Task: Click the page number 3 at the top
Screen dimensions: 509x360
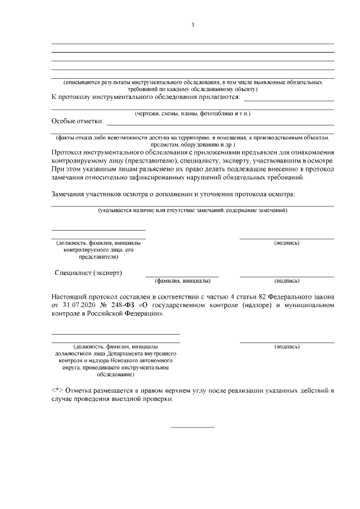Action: click(x=192, y=25)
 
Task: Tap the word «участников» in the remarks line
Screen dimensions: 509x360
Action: click(x=111, y=194)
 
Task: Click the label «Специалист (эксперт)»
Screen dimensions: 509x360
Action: click(x=89, y=273)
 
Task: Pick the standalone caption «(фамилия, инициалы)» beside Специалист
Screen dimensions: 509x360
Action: click(x=182, y=280)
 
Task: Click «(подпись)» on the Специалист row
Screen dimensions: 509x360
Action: click(x=286, y=280)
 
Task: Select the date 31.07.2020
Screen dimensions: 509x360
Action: click(x=81, y=305)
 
